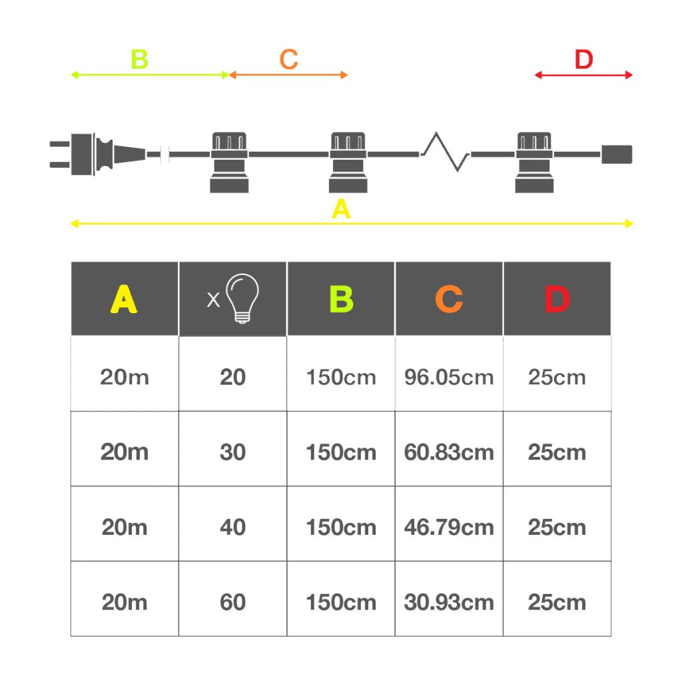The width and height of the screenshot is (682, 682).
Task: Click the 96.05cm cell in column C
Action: tap(449, 377)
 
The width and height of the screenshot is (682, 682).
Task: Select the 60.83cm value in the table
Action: tap(449, 452)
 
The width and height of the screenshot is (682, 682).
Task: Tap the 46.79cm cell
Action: tap(449, 527)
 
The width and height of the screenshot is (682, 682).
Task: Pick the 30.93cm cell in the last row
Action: tap(449, 602)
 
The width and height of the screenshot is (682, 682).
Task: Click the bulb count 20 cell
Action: tap(232, 377)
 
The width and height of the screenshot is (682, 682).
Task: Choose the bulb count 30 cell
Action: tap(232, 452)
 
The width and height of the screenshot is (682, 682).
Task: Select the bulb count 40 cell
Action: tap(232, 527)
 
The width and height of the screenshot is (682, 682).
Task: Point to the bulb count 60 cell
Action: tap(232, 602)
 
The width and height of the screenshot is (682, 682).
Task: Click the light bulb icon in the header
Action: tap(242, 299)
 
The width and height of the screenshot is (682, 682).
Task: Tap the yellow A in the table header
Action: tap(124, 299)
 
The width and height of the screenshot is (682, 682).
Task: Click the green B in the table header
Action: tap(341, 299)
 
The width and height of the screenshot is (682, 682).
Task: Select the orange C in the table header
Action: tap(449, 299)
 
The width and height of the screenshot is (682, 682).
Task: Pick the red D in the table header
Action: tap(557, 299)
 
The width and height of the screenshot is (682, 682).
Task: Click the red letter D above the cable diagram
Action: tap(583, 59)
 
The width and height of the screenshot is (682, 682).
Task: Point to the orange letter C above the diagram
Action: tap(288, 59)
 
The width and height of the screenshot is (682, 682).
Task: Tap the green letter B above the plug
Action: tap(139, 59)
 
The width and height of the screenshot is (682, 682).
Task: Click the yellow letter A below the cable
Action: tap(341, 210)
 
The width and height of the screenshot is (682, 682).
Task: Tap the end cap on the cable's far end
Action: tap(616, 154)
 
